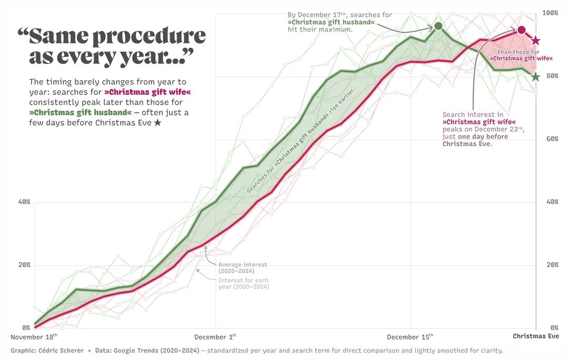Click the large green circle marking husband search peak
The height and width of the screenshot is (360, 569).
438,26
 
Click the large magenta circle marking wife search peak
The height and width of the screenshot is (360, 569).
522,30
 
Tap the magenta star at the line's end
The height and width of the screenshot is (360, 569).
536,41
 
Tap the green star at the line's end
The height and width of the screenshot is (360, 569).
536,77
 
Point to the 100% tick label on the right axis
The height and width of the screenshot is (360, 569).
551,13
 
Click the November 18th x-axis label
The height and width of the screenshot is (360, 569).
34,337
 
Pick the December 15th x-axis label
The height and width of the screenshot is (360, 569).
410,337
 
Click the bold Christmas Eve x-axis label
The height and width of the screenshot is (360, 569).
536,337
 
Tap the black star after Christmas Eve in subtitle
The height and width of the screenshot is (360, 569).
158,123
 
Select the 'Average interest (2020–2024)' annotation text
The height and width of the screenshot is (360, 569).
242,268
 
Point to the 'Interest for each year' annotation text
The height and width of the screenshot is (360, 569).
243,284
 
